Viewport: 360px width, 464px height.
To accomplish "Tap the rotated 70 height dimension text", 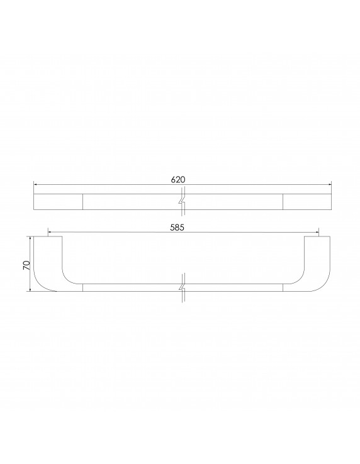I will [26, 265].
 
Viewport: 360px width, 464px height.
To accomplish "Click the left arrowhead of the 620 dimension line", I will [35, 185].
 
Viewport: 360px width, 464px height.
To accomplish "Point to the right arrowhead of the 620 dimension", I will [329, 185].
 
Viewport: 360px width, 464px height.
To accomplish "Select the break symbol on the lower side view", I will [182, 288].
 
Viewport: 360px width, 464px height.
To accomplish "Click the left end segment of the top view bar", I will [58, 202].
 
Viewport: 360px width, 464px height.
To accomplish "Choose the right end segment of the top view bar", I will [307, 202].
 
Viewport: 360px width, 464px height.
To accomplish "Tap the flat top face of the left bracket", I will [50, 237].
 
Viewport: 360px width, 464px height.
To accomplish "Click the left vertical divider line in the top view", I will [83, 202].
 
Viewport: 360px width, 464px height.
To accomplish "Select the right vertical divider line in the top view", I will [283, 202].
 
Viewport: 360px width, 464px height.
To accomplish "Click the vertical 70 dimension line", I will [30, 277].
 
